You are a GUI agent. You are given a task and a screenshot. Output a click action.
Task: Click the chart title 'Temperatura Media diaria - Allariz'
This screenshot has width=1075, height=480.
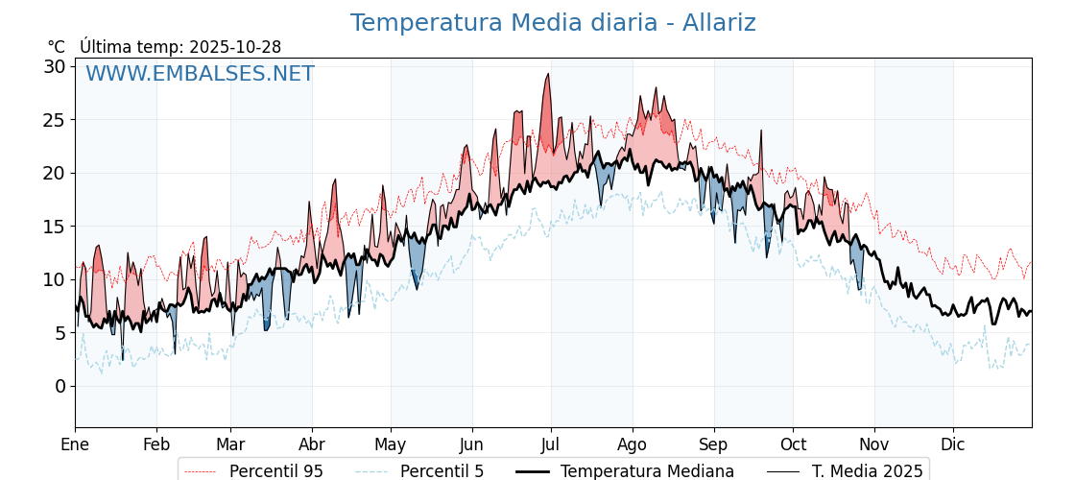(x=552, y=23)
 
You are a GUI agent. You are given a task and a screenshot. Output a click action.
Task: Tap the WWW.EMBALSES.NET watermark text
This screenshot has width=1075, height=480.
(x=200, y=74)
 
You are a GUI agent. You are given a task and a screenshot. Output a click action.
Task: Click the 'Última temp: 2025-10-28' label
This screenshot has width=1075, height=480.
(x=180, y=47)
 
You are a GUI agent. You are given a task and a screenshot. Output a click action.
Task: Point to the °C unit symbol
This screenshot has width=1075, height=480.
(x=56, y=47)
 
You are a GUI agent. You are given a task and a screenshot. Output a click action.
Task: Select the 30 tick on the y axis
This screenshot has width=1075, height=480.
(x=55, y=66)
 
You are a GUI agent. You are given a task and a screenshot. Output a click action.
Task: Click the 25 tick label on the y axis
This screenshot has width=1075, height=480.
(x=55, y=120)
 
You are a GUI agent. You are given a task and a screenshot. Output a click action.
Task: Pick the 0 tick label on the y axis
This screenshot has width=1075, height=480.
(x=60, y=386)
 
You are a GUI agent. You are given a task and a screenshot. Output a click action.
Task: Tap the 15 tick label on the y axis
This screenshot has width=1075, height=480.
(x=55, y=227)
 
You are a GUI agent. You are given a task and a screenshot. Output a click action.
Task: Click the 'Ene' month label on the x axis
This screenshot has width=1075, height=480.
(x=75, y=444)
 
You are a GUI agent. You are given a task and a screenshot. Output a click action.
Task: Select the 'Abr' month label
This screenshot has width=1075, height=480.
(x=312, y=444)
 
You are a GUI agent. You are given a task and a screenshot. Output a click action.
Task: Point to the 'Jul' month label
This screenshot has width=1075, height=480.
(x=551, y=444)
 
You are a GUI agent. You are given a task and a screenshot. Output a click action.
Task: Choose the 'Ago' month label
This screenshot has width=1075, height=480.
(x=632, y=444)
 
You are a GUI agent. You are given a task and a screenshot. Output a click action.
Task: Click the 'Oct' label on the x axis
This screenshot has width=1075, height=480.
(x=793, y=444)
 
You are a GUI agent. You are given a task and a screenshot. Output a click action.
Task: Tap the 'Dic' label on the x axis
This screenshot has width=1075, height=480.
(x=953, y=444)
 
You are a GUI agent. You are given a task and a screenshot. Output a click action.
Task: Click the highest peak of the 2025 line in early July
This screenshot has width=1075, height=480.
(x=548, y=74)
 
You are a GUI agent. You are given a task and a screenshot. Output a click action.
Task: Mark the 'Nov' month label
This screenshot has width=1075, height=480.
(x=874, y=444)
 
